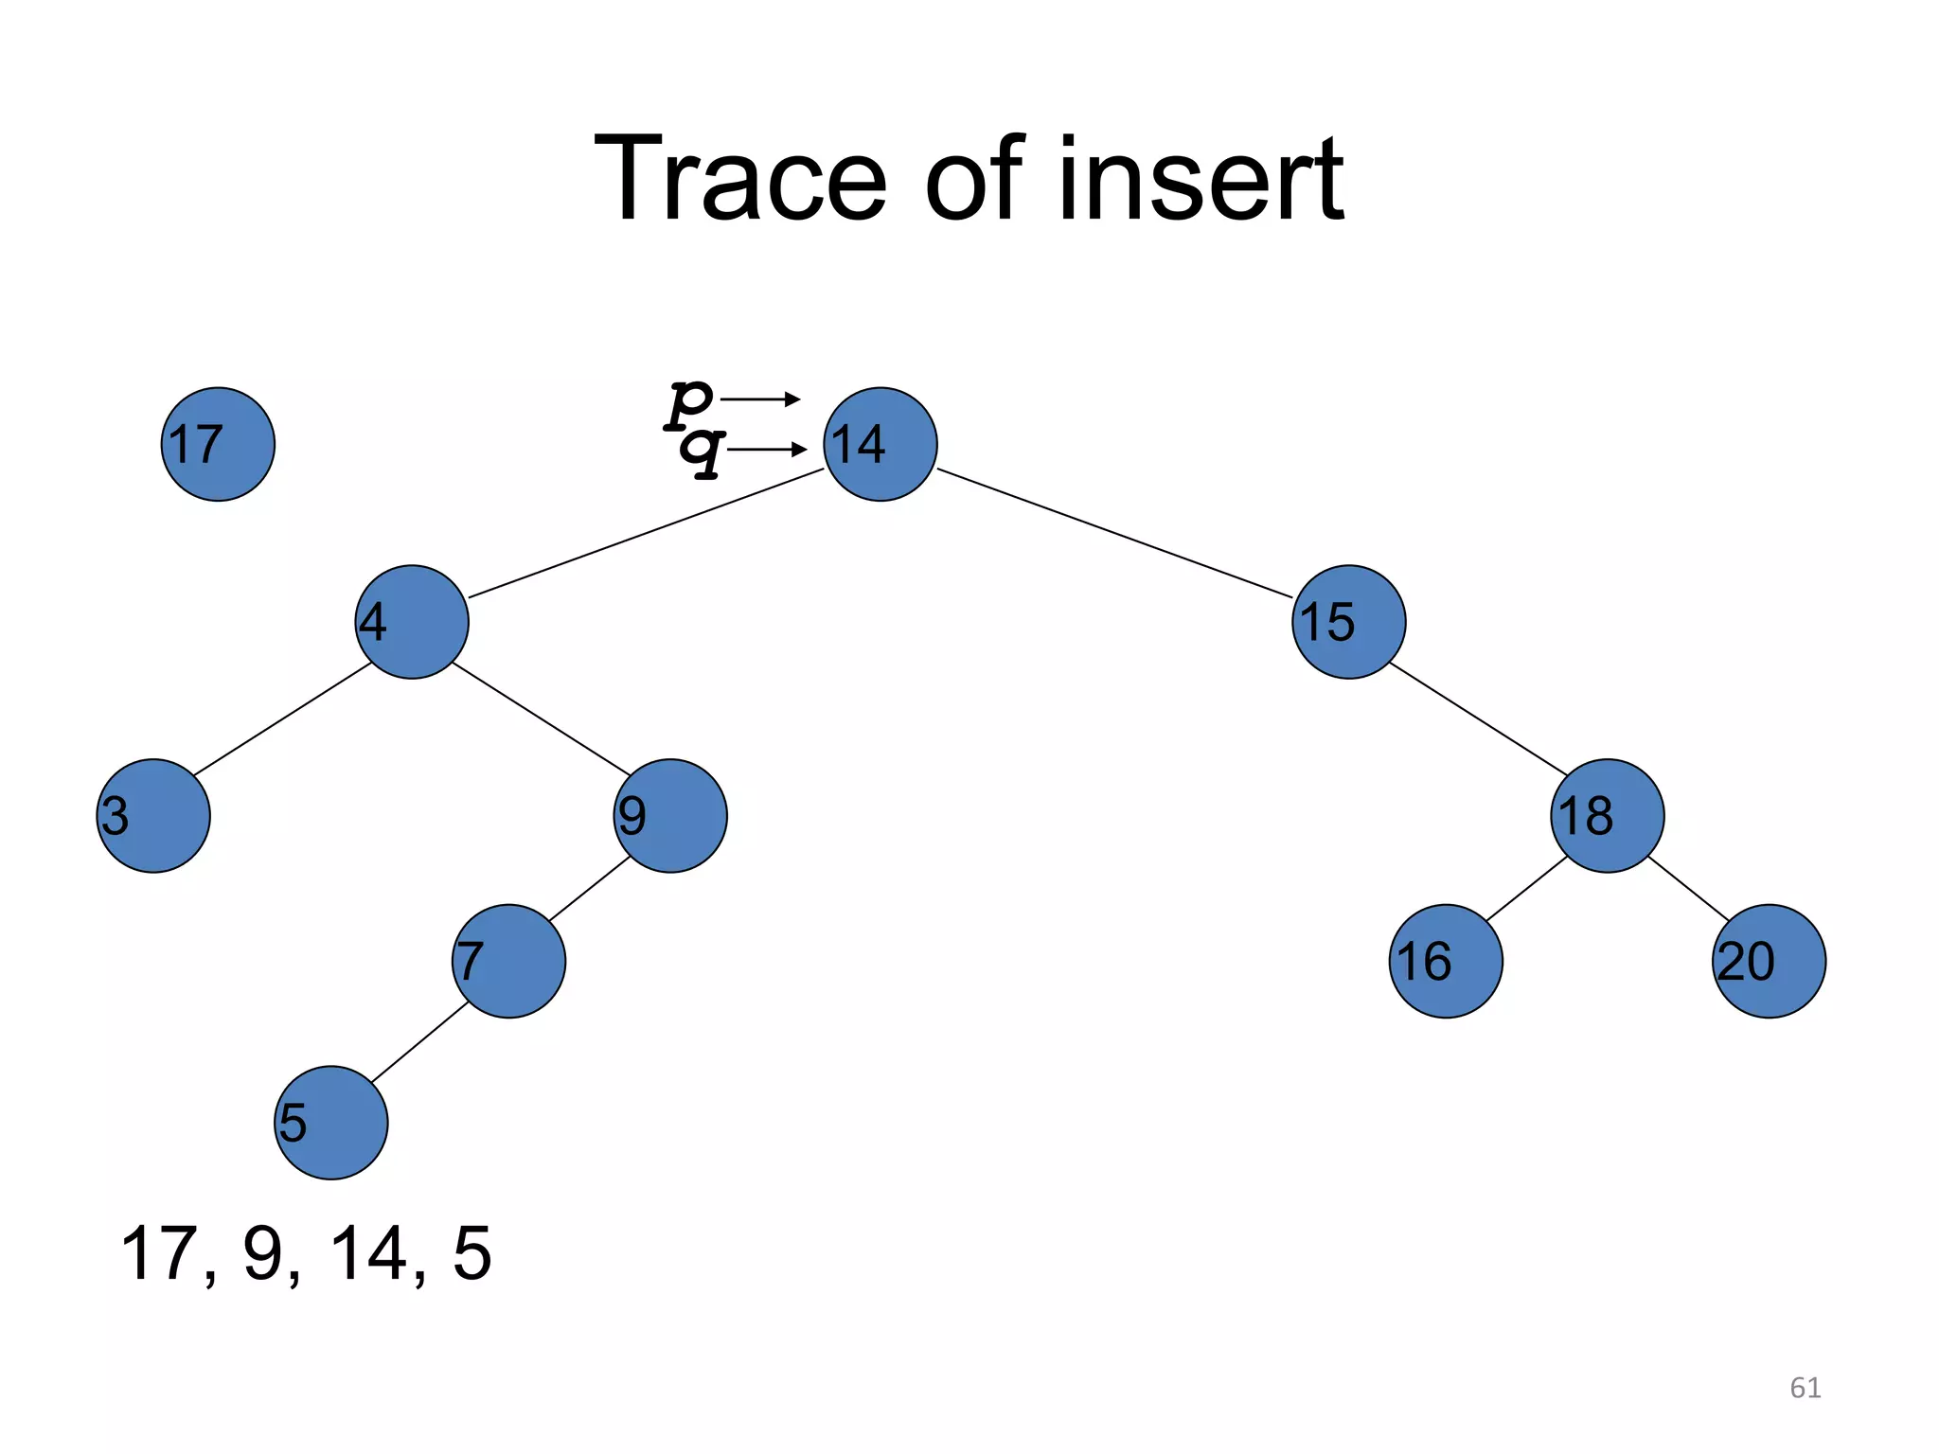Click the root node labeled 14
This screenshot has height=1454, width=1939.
click(x=881, y=444)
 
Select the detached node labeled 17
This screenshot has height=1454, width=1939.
click(x=218, y=444)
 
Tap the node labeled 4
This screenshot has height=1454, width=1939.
click(x=412, y=622)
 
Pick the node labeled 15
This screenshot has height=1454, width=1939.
click(x=1348, y=622)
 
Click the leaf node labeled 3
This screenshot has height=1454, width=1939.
click(x=153, y=815)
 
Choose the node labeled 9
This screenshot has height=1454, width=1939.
click(x=670, y=815)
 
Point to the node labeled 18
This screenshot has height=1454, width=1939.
click(x=1607, y=815)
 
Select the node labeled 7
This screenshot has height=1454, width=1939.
click(x=508, y=961)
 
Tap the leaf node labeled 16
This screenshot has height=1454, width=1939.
click(x=1446, y=961)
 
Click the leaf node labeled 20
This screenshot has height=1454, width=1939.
click(x=1769, y=961)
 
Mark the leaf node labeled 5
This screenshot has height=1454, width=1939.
click(x=330, y=1122)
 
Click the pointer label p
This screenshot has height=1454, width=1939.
click(x=688, y=401)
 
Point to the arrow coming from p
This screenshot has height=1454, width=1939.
click(x=760, y=399)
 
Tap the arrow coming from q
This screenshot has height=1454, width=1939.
click(x=766, y=450)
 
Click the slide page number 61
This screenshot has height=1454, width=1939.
click(x=1805, y=1388)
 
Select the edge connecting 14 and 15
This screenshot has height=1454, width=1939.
click(x=1114, y=533)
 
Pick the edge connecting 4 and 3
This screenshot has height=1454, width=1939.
click(x=282, y=719)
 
